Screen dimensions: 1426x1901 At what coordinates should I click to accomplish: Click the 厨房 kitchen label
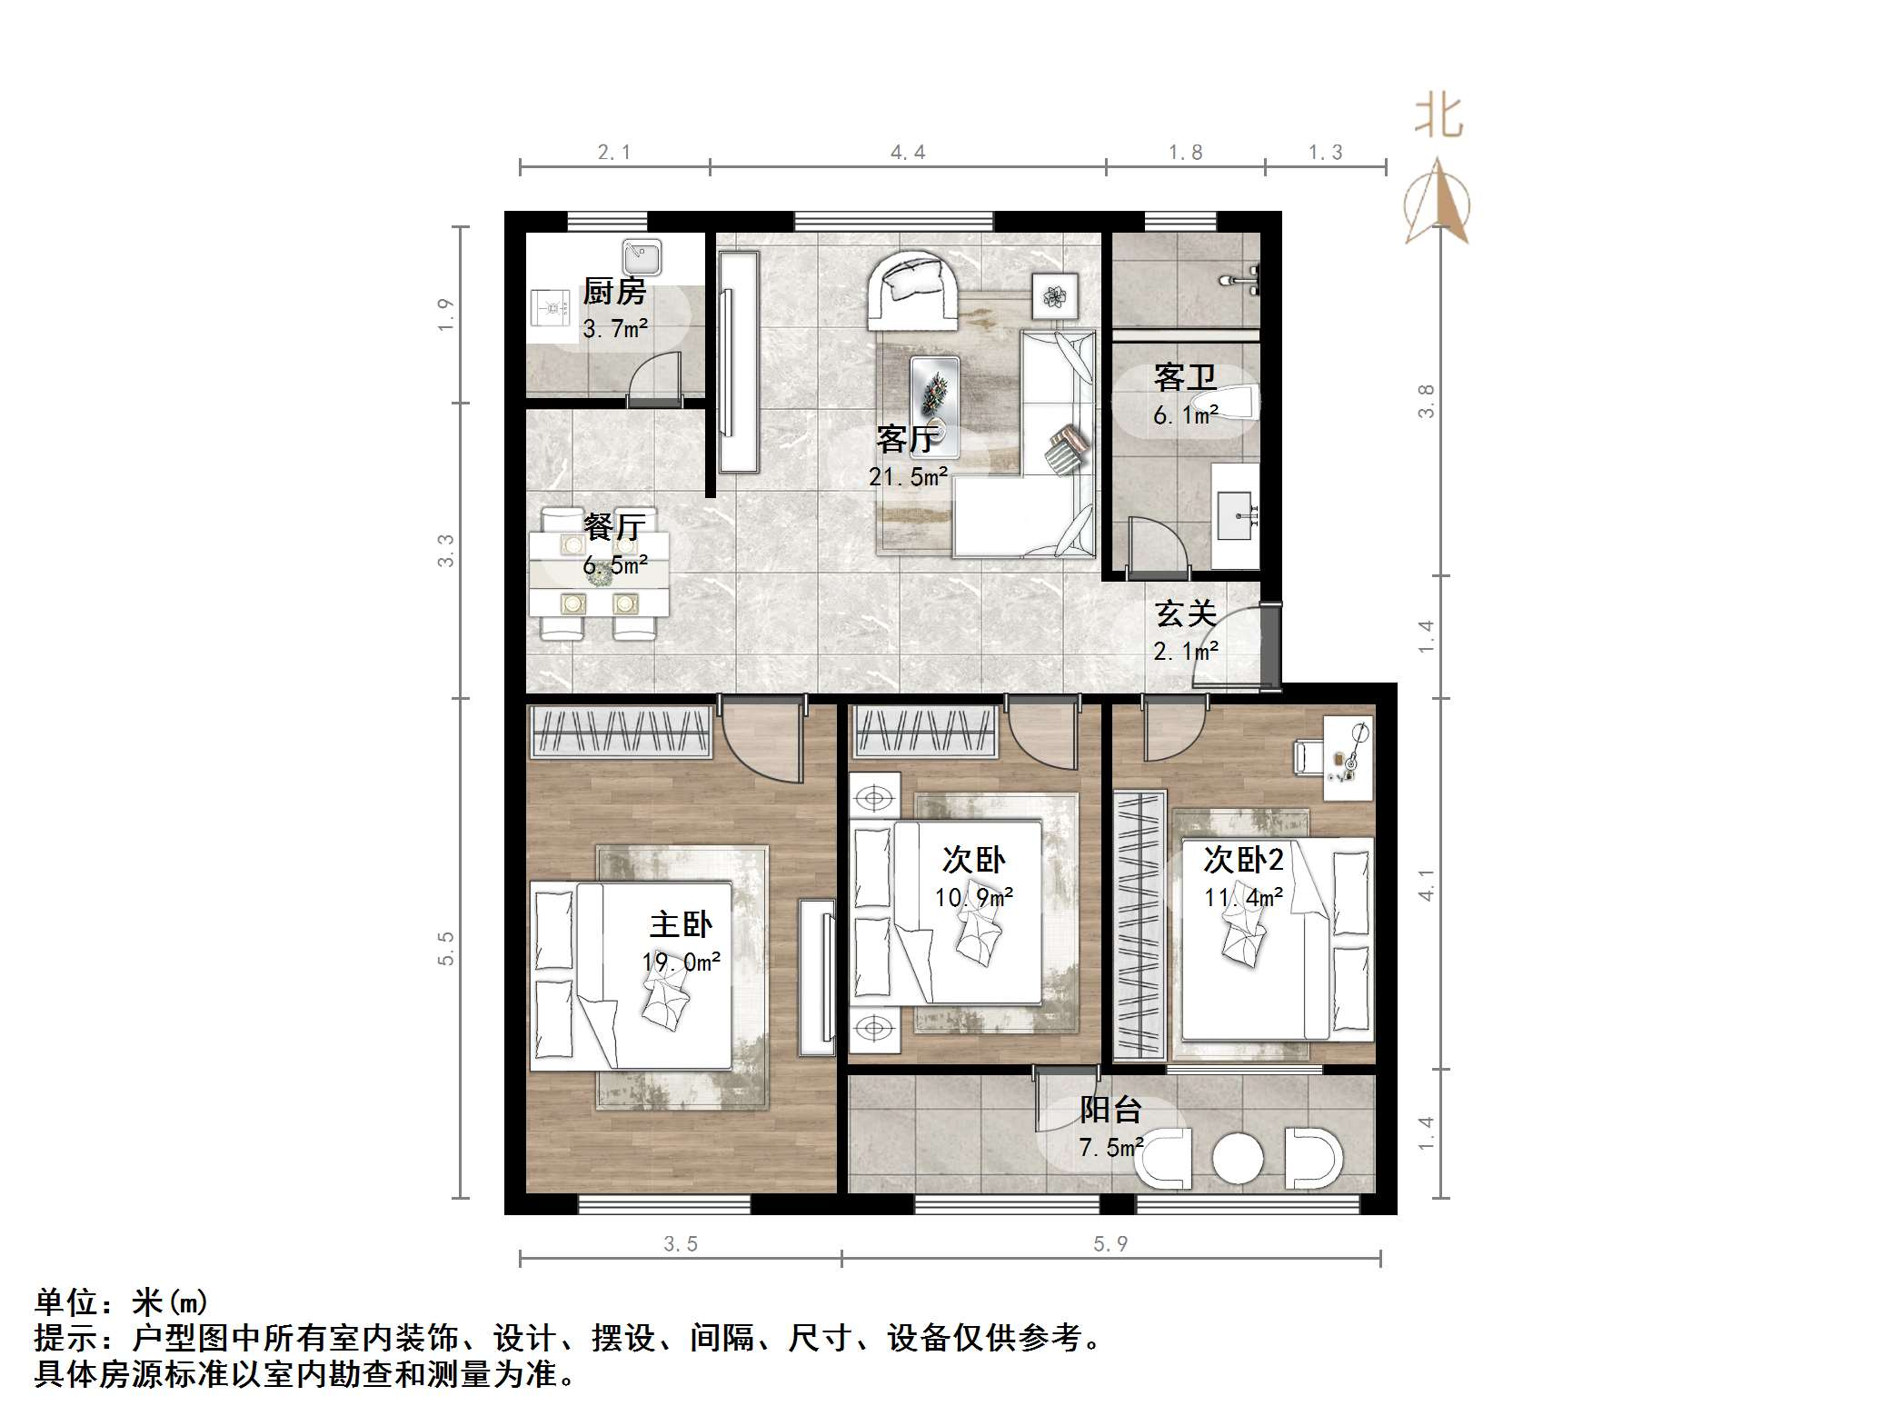(614, 292)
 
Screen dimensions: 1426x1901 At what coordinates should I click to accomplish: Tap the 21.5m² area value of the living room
(908, 476)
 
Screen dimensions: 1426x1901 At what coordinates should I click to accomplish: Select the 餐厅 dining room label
(614, 526)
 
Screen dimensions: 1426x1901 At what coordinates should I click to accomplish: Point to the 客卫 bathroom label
(1185, 377)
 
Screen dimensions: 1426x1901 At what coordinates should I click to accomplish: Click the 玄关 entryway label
(1186, 614)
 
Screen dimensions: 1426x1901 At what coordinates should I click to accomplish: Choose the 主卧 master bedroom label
(681, 925)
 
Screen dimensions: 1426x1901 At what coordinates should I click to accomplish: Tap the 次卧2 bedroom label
(1243, 859)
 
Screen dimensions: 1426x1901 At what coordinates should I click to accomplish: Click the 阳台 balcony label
(1110, 1110)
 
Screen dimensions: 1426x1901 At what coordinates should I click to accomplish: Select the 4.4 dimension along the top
(908, 153)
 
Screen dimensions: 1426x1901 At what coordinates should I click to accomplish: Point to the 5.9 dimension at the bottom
(1110, 1244)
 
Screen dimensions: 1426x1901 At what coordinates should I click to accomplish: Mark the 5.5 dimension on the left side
(445, 948)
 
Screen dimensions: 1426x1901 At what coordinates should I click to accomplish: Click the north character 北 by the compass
(1438, 117)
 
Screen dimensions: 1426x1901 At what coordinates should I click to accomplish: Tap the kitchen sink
(642, 257)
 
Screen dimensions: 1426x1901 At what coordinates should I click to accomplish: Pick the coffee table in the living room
(935, 406)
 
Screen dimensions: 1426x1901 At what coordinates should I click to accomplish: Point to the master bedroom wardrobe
(620, 731)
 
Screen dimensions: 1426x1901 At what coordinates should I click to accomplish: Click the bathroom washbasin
(1237, 515)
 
